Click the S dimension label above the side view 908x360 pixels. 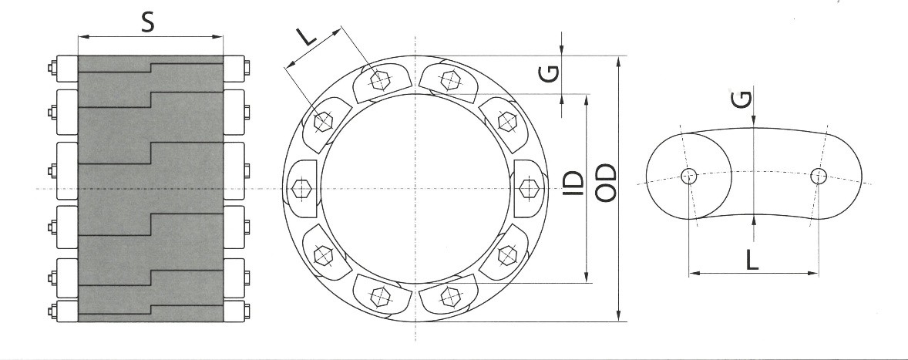(148, 22)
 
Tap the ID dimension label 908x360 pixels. (573, 183)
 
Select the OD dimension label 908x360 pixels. (606, 183)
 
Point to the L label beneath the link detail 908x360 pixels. (752, 260)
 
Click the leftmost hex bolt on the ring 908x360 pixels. (301, 189)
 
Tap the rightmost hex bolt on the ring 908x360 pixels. (529, 188)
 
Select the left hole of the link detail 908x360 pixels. (688, 175)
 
